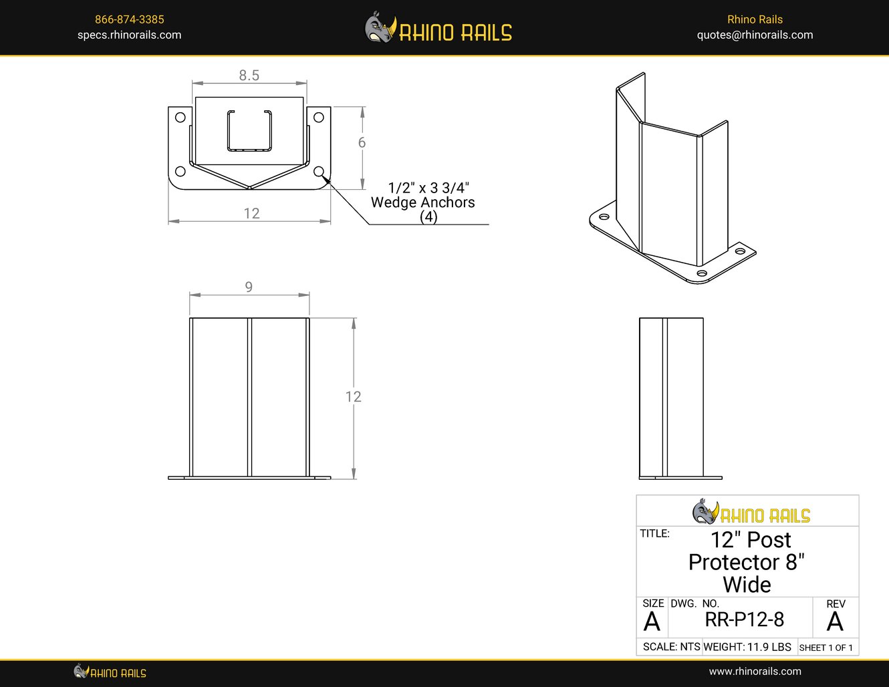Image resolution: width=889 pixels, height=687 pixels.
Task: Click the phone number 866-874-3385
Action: coord(129,19)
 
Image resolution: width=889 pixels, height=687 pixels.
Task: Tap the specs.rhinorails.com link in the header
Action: coord(129,35)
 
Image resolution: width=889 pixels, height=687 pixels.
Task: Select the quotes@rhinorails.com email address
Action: coord(755,35)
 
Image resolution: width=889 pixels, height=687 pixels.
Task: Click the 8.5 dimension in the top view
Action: coord(249,76)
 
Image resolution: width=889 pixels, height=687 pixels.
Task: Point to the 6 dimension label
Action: coord(362,142)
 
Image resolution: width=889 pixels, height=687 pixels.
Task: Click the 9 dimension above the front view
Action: coord(249,287)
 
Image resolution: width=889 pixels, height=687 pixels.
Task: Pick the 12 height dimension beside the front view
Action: coord(353,397)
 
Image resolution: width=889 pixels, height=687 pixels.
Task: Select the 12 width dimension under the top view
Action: coord(251,213)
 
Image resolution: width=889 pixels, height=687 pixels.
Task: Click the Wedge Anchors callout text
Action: coord(422,202)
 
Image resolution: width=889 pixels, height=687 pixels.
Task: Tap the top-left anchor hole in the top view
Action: coord(180,118)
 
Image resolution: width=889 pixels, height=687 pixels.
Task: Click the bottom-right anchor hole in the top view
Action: coord(319,172)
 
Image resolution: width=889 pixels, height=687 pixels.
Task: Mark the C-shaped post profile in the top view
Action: coord(249,130)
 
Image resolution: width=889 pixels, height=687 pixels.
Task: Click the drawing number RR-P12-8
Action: coord(744,620)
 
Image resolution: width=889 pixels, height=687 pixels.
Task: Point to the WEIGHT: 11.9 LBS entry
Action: coord(747,647)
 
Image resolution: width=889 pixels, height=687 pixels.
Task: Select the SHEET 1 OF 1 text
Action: coord(825,648)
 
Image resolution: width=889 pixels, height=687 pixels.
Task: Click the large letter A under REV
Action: coord(835,622)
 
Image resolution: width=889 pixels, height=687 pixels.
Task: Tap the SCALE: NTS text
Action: coord(671,647)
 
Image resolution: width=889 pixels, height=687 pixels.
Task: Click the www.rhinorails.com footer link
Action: coord(755,671)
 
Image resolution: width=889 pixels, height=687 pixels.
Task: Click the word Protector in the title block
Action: coord(734,562)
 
